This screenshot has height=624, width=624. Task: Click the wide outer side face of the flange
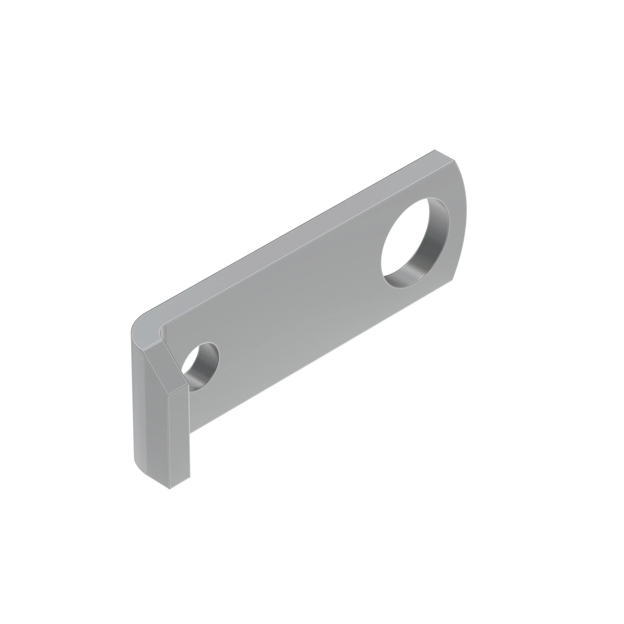(150, 420)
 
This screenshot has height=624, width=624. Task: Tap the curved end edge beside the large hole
(465, 220)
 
